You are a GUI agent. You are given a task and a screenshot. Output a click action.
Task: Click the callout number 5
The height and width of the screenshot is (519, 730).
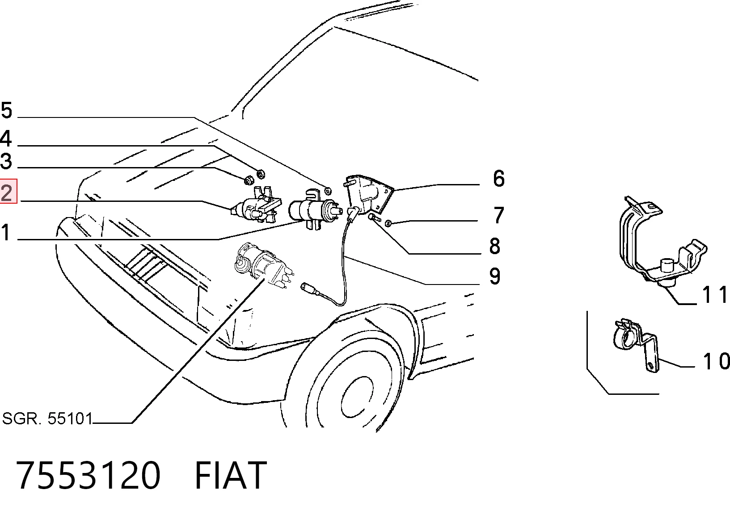(x=7, y=110)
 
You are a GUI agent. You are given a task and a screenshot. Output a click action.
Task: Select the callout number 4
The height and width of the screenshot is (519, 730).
(x=6, y=138)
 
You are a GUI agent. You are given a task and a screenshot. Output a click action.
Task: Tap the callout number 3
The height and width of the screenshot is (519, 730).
(x=6, y=161)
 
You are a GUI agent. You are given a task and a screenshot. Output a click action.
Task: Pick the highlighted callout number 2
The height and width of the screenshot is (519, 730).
(x=7, y=192)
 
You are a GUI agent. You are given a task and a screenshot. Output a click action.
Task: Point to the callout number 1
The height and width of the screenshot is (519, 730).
(x=5, y=232)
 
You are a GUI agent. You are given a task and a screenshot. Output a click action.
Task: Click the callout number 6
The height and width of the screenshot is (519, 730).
(x=498, y=178)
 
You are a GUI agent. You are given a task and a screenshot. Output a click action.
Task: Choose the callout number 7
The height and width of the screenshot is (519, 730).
(x=498, y=215)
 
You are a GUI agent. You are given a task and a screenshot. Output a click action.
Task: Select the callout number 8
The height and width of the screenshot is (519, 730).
(x=495, y=246)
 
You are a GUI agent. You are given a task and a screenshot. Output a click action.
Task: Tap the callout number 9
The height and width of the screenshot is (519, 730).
(x=495, y=276)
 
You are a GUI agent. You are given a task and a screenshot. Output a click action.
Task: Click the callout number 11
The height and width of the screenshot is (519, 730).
(x=714, y=295)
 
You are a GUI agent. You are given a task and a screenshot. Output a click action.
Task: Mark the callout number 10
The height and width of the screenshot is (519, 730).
(x=716, y=361)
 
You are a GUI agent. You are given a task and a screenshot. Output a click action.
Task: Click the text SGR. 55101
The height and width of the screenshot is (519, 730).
(x=47, y=419)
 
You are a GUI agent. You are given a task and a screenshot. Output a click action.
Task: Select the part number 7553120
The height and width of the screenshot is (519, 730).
(x=88, y=475)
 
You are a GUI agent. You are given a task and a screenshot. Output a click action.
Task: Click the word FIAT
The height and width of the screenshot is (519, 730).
(x=231, y=475)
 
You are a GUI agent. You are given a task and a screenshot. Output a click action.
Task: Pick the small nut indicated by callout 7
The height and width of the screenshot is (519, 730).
(x=388, y=223)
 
